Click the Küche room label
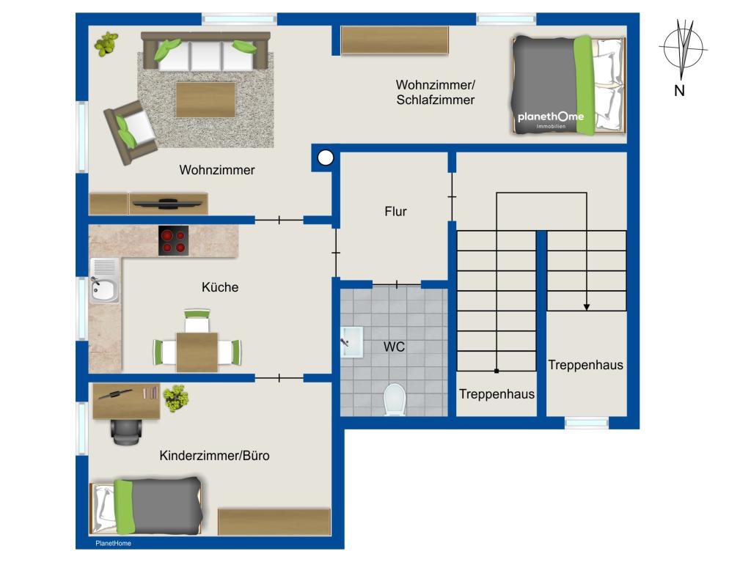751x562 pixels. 220,287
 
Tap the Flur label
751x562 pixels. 395,211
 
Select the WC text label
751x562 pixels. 394,347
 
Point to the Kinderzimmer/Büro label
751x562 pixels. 214,455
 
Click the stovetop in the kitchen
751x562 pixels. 173,241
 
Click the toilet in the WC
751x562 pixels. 395,399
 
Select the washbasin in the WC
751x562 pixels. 352,341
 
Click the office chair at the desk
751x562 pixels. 125,432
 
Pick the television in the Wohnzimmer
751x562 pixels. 166,204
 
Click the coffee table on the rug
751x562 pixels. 205,100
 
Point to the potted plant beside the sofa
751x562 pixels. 106,44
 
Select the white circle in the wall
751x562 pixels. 326,158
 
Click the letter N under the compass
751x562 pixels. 679,90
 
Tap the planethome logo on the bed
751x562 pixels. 551,119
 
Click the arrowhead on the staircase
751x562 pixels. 586,307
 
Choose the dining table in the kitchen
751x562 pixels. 197,352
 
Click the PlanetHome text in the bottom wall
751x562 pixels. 113,544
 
